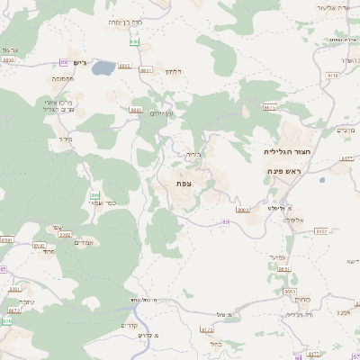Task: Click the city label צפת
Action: (x=184, y=184)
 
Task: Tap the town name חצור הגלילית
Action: (x=288, y=152)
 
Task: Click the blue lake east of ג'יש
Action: (x=103, y=67)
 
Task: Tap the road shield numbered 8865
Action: (x=123, y=67)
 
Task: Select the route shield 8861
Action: (x=145, y=69)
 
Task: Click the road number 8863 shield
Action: (x=136, y=110)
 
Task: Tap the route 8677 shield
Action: (x=346, y=158)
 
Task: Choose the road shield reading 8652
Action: (x=320, y=231)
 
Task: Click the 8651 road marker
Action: (x=283, y=268)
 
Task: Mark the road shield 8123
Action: (x=207, y=330)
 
